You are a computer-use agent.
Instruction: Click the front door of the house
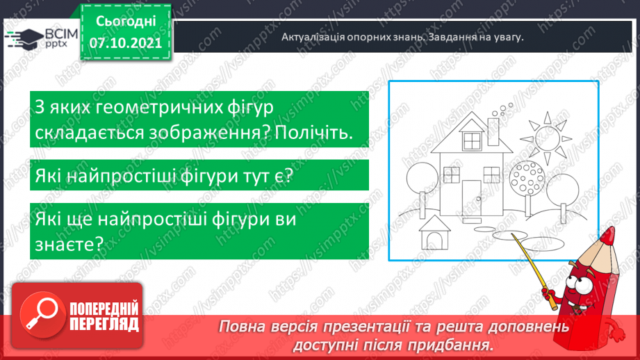coord(473,196)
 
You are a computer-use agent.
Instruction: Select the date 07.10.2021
coord(125,43)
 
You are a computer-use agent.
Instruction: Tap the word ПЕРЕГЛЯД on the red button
coord(104,325)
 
